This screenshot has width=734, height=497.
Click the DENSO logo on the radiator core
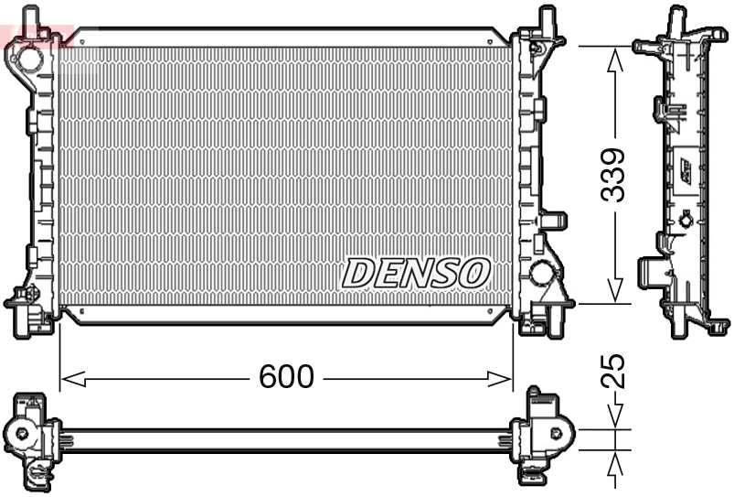(x=416, y=274)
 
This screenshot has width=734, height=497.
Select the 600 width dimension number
(x=286, y=376)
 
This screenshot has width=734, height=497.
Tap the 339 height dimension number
(x=613, y=175)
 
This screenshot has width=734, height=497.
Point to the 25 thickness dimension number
(x=613, y=371)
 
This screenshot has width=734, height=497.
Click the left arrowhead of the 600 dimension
(x=72, y=378)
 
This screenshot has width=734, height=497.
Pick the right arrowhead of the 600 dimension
(x=500, y=378)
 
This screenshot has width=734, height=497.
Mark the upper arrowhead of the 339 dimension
(x=615, y=59)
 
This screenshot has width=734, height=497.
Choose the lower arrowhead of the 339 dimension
(x=615, y=290)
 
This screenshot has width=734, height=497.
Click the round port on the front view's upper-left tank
(x=23, y=59)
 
